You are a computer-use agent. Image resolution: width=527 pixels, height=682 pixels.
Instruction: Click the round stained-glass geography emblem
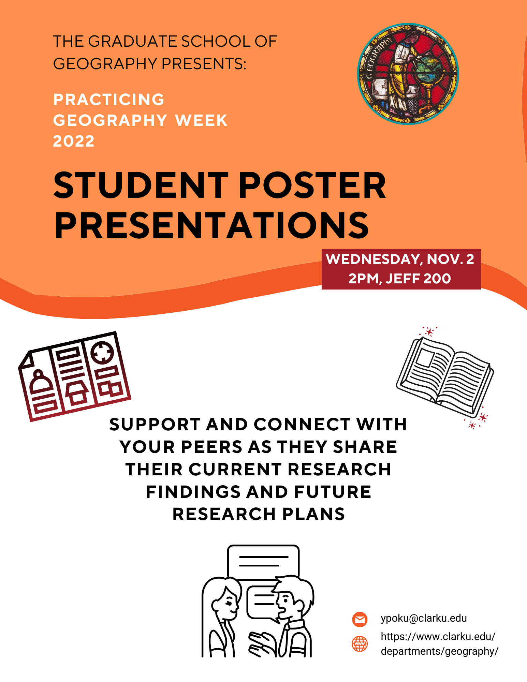408,74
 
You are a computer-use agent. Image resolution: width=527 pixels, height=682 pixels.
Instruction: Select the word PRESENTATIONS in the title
211,225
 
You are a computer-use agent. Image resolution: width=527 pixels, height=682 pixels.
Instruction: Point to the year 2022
74,141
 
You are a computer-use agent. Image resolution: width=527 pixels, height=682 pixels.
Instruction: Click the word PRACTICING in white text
109,100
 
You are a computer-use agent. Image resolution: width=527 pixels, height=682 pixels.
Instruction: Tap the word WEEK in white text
201,120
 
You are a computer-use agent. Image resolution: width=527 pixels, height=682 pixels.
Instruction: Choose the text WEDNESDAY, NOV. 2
400,259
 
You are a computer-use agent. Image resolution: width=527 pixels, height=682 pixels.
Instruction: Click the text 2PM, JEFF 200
400,279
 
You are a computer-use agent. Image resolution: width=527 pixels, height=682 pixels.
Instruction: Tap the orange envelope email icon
360,619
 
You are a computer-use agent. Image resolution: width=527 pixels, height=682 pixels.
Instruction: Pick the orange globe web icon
360,644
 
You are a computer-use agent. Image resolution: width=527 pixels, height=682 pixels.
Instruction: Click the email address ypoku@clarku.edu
424,618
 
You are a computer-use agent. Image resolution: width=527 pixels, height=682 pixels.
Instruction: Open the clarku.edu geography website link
439,644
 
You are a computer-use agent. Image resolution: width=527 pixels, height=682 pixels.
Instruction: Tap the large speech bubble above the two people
263,561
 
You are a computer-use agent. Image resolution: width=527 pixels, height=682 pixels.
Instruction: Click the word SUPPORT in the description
155,425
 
